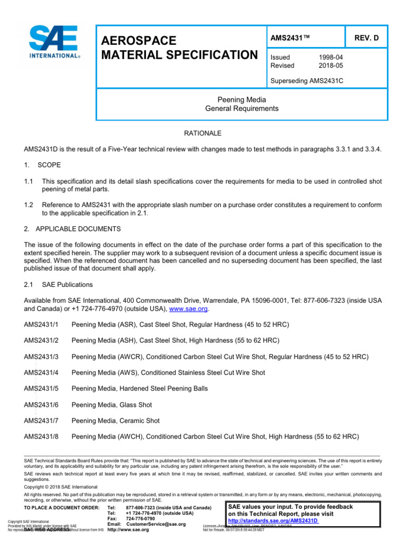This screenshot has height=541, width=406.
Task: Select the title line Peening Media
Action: click(242, 99)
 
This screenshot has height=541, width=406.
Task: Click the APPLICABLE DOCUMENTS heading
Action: click(78, 229)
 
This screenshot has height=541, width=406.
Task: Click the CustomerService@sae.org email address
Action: click(156, 524)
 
